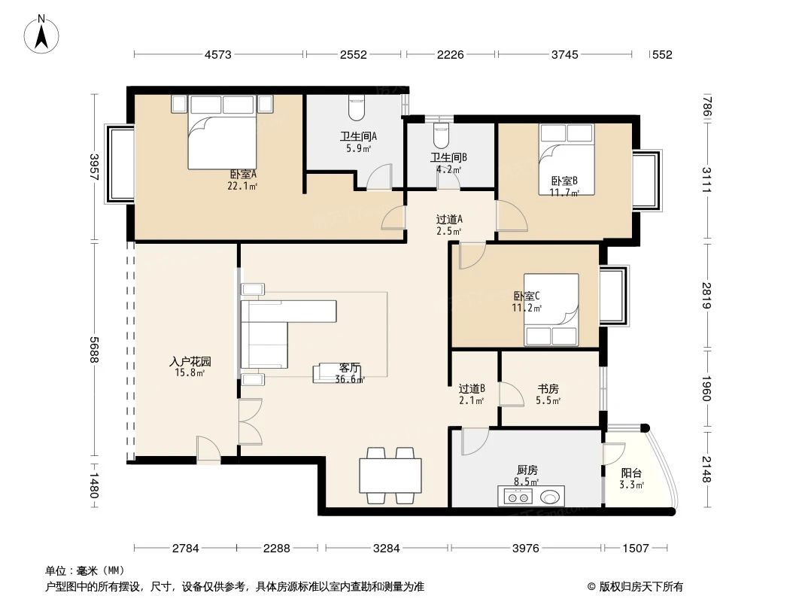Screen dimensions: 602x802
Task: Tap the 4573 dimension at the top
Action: [x=219, y=54]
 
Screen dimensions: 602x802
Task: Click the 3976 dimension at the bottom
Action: [x=526, y=549]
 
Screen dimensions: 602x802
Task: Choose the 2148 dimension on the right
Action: [x=707, y=470]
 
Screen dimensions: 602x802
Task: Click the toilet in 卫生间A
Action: [x=356, y=110]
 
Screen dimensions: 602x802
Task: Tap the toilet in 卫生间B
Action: [x=441, y=135]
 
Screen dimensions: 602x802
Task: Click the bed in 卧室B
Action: [x=567, y=158]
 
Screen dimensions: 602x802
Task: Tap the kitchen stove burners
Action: [x=516, y=497]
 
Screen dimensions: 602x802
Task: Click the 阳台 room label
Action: [x=631, y=473]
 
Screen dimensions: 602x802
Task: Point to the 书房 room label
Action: [x=548, y=389]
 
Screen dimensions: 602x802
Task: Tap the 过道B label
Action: [x=472, y=389]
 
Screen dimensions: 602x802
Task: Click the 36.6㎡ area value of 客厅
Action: [x=350, y=379]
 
